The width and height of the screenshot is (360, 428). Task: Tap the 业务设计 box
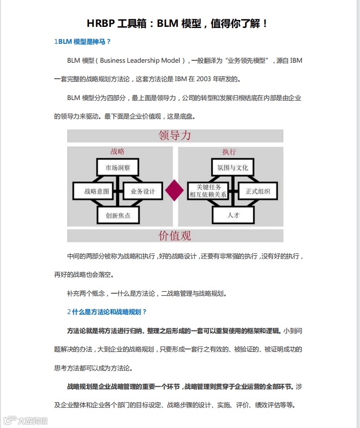143,191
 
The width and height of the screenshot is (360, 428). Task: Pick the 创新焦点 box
118,215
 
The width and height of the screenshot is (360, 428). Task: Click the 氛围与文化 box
233,168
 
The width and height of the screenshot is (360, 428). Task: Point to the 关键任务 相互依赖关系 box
208,191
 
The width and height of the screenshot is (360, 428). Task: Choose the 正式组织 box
258,191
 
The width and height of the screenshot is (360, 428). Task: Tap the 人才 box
233,215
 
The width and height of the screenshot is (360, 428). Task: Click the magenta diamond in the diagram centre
175,191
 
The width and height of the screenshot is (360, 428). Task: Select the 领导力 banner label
175,135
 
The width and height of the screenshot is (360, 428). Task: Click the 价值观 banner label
175,235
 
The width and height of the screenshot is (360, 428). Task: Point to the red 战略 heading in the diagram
118,151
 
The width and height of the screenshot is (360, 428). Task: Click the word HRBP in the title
102,23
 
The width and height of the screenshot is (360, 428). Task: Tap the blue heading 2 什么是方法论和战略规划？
107,312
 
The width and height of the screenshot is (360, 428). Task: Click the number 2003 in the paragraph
211,79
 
